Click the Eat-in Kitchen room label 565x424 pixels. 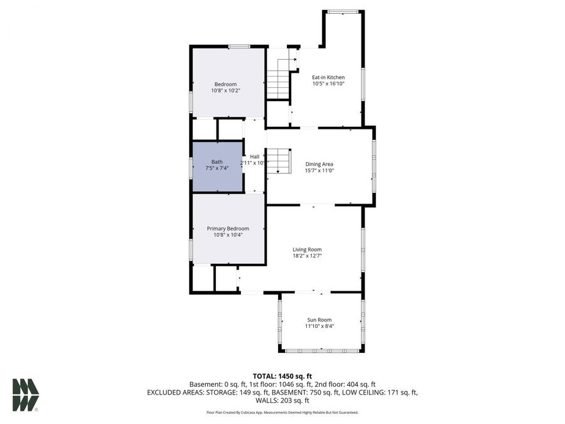point(328,77)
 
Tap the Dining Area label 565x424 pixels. point(319,165)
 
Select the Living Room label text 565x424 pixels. point(307,249)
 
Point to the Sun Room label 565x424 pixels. point(320,320)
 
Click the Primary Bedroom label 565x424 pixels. point(228,229)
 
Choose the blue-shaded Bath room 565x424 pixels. point(217,166)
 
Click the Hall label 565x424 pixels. point(254,157)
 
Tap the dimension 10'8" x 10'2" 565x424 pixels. point(225,91)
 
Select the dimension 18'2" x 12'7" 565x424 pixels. point(307,256)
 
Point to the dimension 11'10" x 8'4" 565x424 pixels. point(320,326)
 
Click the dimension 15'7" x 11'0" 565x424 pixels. point(319,171)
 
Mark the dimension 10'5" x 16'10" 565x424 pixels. point(328,84)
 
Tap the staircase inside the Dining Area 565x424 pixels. point(280,162)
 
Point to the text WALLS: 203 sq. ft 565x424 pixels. point(282,401)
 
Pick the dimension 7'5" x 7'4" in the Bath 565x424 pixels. point(217,168)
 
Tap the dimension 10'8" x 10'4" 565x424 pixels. point(228,235)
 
